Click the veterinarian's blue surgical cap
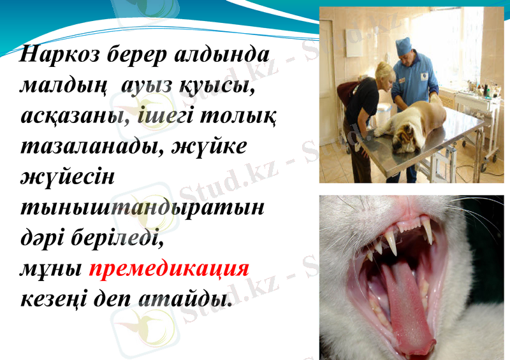click(x=404, y=46)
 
